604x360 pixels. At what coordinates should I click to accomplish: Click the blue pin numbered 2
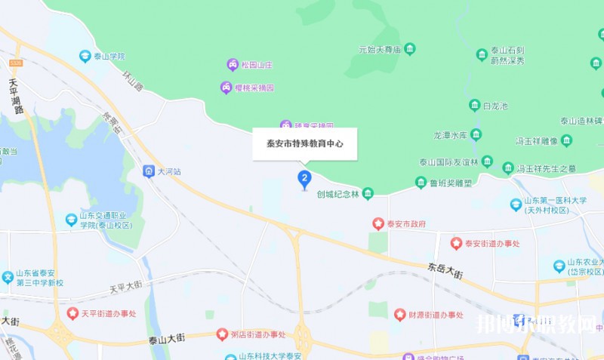tap(304, 178)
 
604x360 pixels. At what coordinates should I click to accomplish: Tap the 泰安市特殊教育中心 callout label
tap(304, 143)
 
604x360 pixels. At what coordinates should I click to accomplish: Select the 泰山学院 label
tap(109, 56)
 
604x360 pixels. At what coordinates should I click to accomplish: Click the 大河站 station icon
tap(149, 171)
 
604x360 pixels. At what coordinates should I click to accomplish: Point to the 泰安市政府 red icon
tap(378, 224)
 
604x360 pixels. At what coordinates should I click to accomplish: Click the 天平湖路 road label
tap(16, 96)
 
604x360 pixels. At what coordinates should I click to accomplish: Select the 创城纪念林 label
tap(337, 194)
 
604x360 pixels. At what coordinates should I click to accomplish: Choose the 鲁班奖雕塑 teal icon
tap(421, 182)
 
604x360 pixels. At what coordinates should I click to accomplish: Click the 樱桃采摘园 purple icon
tap(226, 88)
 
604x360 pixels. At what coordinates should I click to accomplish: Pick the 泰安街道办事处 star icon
tap(456, 243)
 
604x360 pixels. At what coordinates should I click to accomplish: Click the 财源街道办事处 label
tap(436, 315)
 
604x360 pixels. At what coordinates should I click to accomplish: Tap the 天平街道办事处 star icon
tap(72, 312)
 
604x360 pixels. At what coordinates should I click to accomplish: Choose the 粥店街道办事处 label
tap(258, 334)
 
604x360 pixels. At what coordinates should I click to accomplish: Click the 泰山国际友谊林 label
tap(448, 162)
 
